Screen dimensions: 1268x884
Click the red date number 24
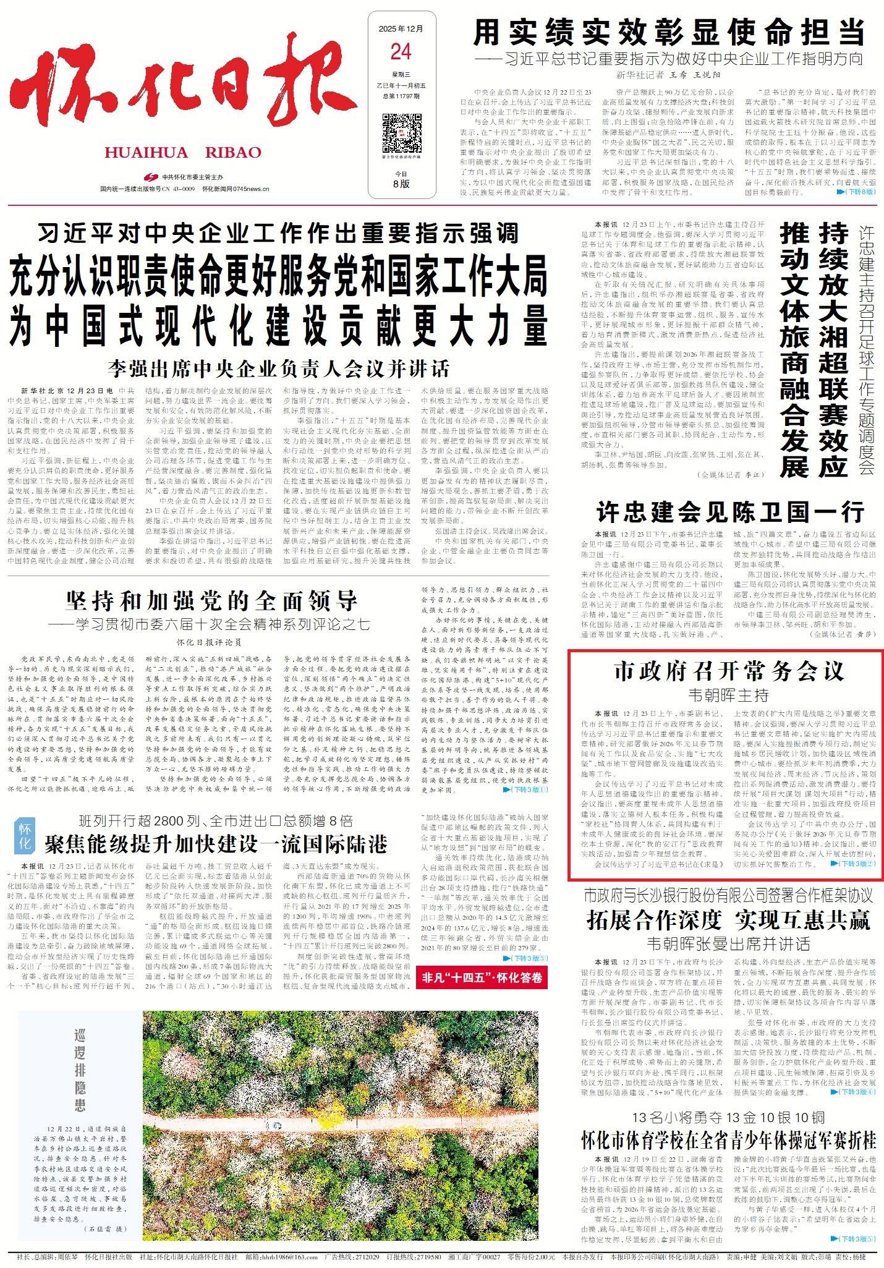click(x=401, y=52)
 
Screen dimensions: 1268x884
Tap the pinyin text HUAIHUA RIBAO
click(x=183, y=153)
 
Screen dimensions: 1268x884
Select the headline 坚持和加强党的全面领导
click(x=211, y=600)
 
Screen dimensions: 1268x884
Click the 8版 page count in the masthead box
click(x=401, y=184)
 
